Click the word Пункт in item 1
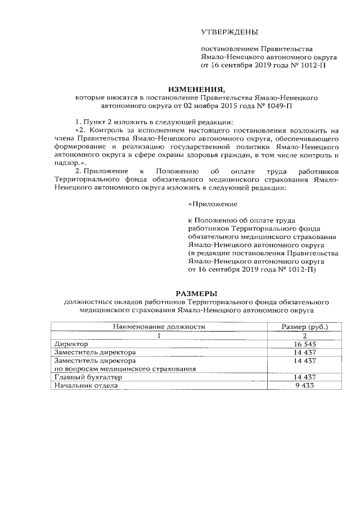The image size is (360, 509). (x=94, y=122)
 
